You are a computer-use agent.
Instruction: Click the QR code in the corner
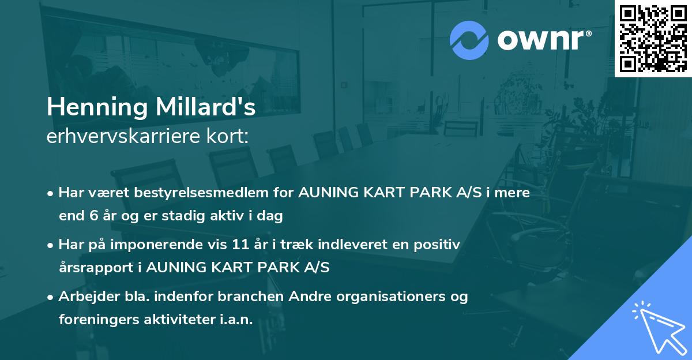tap(653, 39)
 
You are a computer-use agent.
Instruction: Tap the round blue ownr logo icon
tap(469, 40)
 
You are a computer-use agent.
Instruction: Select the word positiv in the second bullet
tap(439, 245)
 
